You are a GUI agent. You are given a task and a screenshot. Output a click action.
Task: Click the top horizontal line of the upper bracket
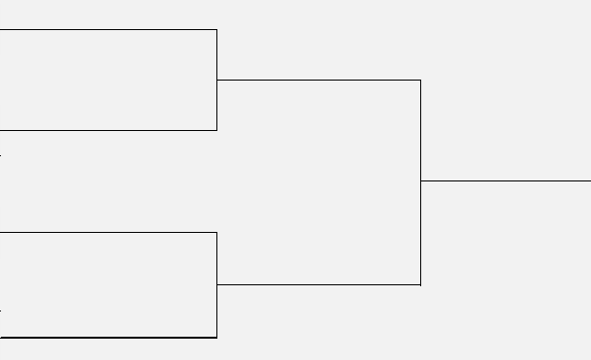[107, 29]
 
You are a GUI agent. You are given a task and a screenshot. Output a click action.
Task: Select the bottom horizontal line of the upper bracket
[107, 130]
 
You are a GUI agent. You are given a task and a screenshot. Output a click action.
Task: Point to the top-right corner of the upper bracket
[216, 29]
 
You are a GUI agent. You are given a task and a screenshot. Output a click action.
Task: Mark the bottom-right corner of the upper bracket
[216, 130]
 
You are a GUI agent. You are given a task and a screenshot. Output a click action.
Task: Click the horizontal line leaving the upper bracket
[318, 80]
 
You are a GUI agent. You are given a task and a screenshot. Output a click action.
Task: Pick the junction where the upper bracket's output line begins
[216, 80]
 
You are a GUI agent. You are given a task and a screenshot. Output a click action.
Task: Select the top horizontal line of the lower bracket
[107, 232]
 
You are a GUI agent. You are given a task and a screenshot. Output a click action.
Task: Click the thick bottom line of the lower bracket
[107, 337]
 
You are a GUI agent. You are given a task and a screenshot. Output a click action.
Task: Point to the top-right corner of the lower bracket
[216, 232]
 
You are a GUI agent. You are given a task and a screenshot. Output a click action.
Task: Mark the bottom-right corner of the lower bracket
[216, 337]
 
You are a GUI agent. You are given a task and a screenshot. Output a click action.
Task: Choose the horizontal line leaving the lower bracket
[318, 284]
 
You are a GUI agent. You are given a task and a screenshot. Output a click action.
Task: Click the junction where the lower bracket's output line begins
[216, 284]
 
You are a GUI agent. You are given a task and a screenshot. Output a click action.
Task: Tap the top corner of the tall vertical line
[420, 80]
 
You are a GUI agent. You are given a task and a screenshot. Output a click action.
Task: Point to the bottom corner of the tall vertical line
[420, 284]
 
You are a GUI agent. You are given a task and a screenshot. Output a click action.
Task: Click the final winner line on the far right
[505, 180]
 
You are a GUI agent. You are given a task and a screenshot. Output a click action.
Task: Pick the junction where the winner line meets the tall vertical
[420, 180]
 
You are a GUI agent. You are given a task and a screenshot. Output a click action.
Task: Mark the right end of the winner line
[589, 180]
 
